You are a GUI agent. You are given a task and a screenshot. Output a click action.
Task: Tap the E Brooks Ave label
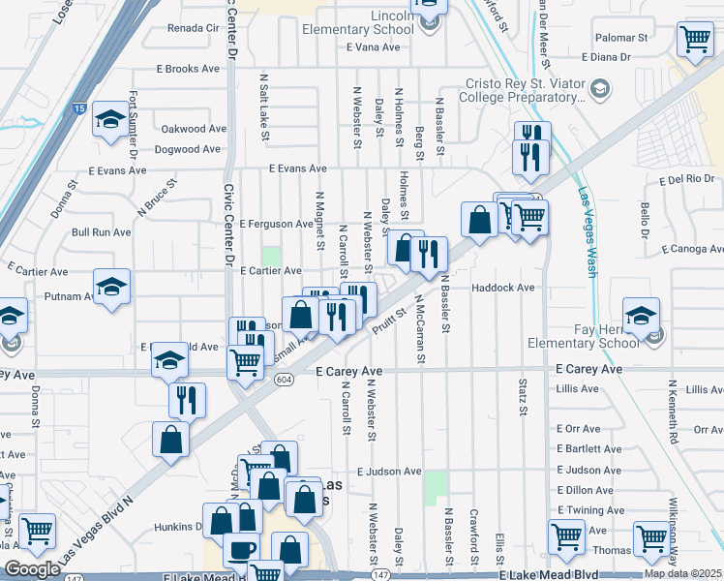point(189,69)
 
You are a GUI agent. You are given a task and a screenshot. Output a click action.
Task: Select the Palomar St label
point(621,38)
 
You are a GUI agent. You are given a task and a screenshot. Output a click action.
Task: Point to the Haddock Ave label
point(503,288)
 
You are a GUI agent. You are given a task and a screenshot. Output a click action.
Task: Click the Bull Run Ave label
point(101,232)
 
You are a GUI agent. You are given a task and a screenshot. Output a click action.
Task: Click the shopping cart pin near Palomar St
point(696,40)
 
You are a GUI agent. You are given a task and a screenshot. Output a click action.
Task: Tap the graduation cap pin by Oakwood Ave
point(110,119)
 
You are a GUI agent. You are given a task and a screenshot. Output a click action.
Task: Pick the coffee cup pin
point(241,549)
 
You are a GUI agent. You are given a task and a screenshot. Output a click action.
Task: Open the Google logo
point(32,569)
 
